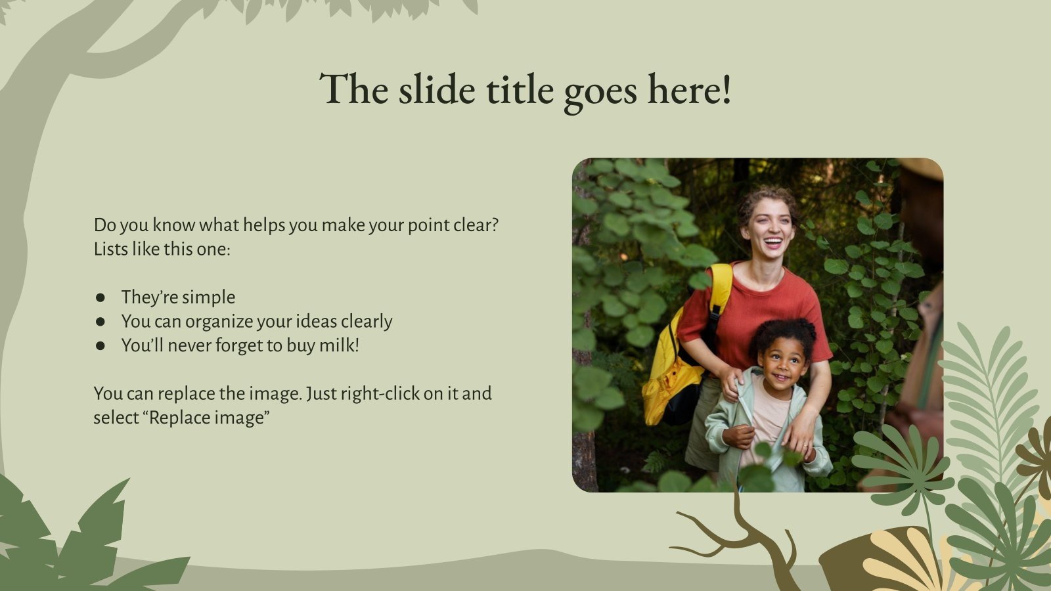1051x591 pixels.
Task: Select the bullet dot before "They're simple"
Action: tap(101, 297)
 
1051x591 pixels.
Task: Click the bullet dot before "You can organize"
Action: tap(101, 322)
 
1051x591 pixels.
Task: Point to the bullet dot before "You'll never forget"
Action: tap(101, 346)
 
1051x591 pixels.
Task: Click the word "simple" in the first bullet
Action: tap(210, 297)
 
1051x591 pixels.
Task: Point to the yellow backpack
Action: tap(677, 368)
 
